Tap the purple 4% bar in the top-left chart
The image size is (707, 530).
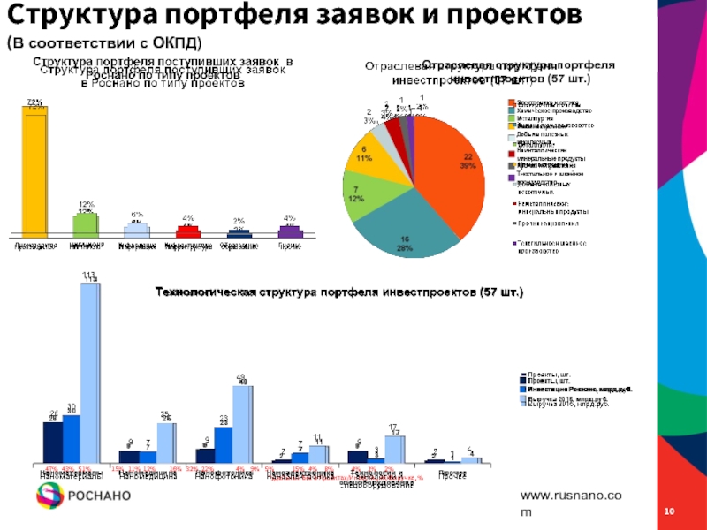[x=291, y=232]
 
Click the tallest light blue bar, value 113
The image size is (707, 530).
[x=89, y=371]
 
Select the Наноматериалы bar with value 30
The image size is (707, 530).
[x=72, y=438]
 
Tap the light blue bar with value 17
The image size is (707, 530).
[x=394, y=449]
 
